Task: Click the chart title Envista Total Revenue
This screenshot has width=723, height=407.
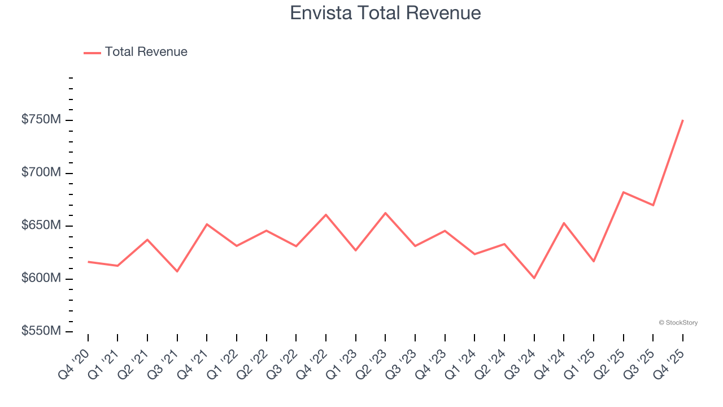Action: (385, 13)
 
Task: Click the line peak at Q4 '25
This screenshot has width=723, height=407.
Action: (683, 120)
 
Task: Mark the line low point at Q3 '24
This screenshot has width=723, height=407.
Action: (534, 278)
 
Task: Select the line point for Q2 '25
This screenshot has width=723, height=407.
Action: (623, 192)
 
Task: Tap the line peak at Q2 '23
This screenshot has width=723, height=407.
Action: (385, 213)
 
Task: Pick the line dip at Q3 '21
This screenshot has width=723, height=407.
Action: (177, 271)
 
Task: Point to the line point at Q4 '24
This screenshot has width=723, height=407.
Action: (564, 223)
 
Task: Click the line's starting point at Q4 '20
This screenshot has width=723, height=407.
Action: (88, 262)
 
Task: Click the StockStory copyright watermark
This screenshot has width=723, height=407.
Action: (678, 323)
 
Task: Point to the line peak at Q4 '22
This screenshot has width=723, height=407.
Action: (326, 215)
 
